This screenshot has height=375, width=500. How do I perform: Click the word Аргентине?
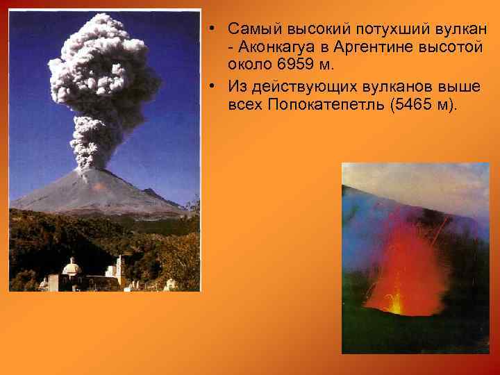[362, 47]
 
